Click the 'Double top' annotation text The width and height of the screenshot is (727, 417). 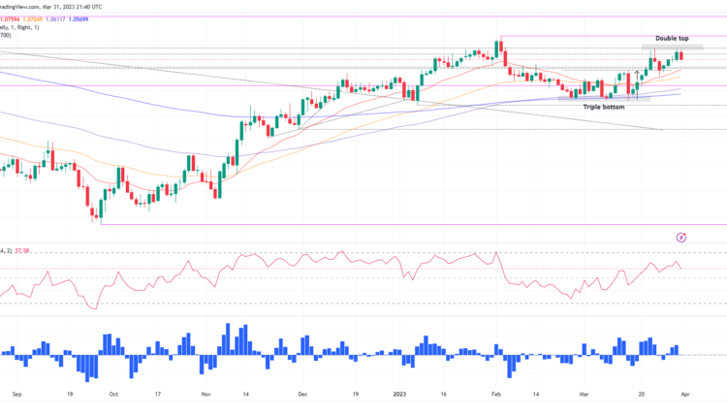click(672, 38)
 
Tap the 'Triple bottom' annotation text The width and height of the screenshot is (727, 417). click(603, 106)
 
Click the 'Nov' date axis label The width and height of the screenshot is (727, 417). click(205, 395)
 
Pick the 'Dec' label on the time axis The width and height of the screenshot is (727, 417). click(302, 395)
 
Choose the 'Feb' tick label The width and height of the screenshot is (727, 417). click(496, 395)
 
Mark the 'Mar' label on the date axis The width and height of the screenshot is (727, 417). click(584, 395)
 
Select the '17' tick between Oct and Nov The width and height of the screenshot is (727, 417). click(161, 395)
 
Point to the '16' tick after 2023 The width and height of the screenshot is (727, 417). click(443, 395)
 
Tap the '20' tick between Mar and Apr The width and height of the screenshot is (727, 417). click(642, 395)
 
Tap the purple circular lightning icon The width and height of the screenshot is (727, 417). click(681, 236)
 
